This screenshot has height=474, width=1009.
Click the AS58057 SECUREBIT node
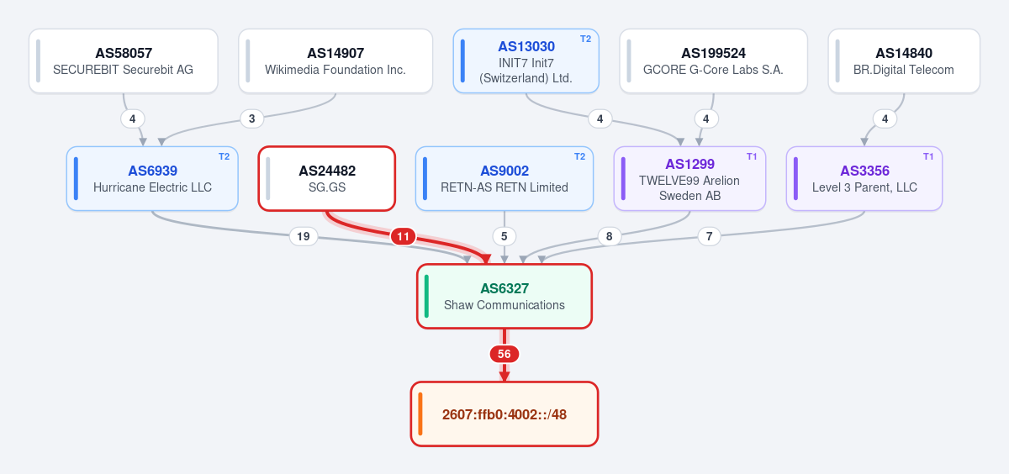124,61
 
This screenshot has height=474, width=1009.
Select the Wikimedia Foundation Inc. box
335,61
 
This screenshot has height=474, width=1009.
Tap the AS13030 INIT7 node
526,61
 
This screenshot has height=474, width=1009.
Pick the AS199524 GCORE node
714,61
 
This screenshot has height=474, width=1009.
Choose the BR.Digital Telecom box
904,61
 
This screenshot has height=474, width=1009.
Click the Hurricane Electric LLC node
152,179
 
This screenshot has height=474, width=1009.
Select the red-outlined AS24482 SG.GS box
327,179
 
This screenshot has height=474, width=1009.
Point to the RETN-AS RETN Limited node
504,179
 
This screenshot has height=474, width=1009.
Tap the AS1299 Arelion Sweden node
689,179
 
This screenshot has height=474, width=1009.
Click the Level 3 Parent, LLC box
864,179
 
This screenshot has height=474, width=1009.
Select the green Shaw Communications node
504,296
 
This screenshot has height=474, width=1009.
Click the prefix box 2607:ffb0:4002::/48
504,414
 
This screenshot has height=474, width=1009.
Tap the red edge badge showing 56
504,354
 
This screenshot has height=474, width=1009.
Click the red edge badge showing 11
403,236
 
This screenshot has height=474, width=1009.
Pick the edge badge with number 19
304,236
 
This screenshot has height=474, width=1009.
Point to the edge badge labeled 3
251,118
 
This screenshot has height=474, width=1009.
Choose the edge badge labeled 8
609,236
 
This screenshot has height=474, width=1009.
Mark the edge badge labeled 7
709,236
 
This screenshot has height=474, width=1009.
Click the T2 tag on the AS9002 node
579,156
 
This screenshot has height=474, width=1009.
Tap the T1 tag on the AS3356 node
928,156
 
